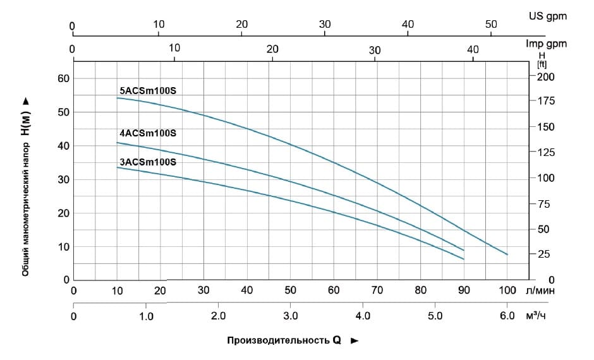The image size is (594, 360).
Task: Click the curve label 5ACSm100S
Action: [147, 90]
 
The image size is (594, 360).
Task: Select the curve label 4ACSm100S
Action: [147, 133]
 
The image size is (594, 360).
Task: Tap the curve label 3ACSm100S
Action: [147, 162]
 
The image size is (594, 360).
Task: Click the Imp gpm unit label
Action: [546, 44]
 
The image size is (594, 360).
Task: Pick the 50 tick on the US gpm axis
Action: [491, 24]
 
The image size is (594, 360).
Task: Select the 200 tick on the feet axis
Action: [545, 76]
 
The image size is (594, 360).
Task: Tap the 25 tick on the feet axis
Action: [544, 254]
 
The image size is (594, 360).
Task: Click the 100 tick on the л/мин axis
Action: [507, 291]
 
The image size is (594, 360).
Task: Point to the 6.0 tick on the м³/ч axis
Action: [507, 315]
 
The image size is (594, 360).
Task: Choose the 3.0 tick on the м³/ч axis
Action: [290, 315]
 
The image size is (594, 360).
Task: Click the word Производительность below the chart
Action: [277, 340]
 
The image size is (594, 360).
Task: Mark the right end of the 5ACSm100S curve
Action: [507, 255]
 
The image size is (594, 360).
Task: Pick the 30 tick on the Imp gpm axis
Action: [375, 50]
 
